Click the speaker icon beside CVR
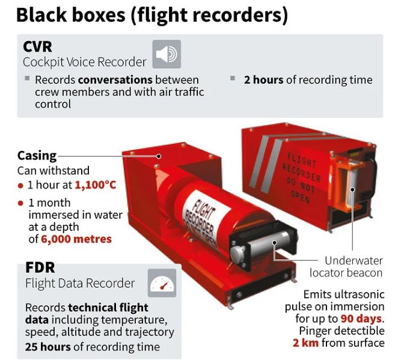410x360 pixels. [166, 55]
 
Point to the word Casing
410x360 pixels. [37, 155]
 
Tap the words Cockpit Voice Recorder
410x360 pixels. [84, 62]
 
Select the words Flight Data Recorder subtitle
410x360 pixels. [79, 283]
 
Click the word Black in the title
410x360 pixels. [43, 15]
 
